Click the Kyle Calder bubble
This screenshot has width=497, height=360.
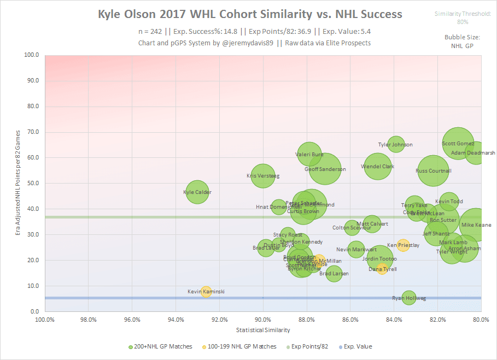[x=197, y=192]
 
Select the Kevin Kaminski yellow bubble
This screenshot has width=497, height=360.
[x=206, y=292]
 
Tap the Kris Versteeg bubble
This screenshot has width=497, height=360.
[x=263, y=176]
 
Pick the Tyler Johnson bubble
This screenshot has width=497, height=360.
[x=396, y=145]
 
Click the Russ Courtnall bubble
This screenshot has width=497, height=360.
[x=434, y=171]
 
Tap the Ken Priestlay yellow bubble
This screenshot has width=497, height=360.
[x=404, y=245]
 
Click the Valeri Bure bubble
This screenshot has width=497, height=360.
[x=309, y=155]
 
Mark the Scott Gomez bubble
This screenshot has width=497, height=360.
[x=458, y=144]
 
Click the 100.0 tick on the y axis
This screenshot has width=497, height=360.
[x=31, y=55]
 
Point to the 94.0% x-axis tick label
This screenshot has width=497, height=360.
[x=176, y=320]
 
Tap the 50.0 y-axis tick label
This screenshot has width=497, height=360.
[x=32, y=184]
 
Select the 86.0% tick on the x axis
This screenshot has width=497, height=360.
[x=350, y=320]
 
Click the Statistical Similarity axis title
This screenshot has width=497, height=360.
[x=263, y=330]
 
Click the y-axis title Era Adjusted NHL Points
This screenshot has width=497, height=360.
[x=18, y=183]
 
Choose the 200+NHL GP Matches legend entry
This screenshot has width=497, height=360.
[x=161, y=346]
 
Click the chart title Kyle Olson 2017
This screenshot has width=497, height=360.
[x=249, y=14]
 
